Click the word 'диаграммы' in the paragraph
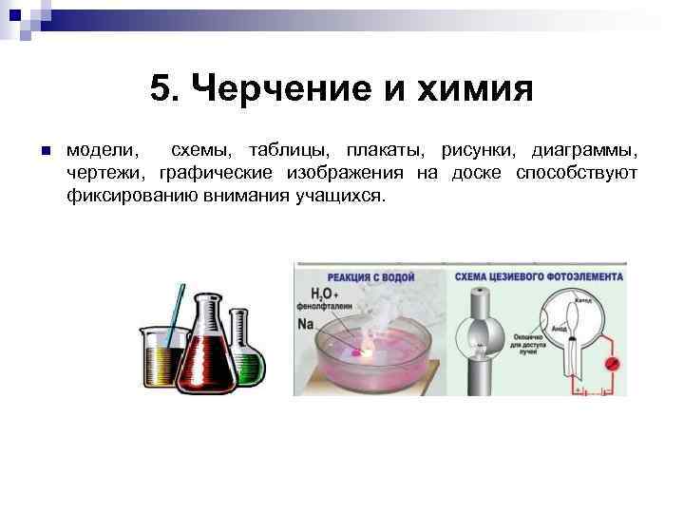click(x=585, y=151)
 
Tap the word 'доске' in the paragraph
click(x=471, y=174)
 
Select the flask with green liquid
click(x=245, y=351)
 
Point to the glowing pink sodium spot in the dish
click(x=357, y=352)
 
